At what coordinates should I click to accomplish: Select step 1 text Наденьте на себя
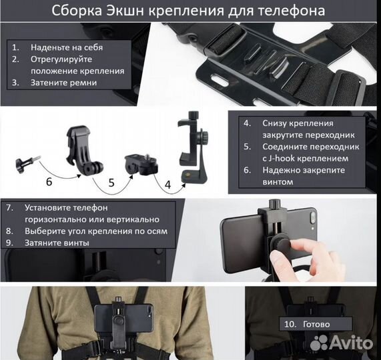[x=66, y=47]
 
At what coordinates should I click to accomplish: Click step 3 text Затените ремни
[x=63, y=83]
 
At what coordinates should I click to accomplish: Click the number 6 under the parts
[x=48, y=181]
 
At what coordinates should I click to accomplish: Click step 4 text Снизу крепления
[x=297, y=123]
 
